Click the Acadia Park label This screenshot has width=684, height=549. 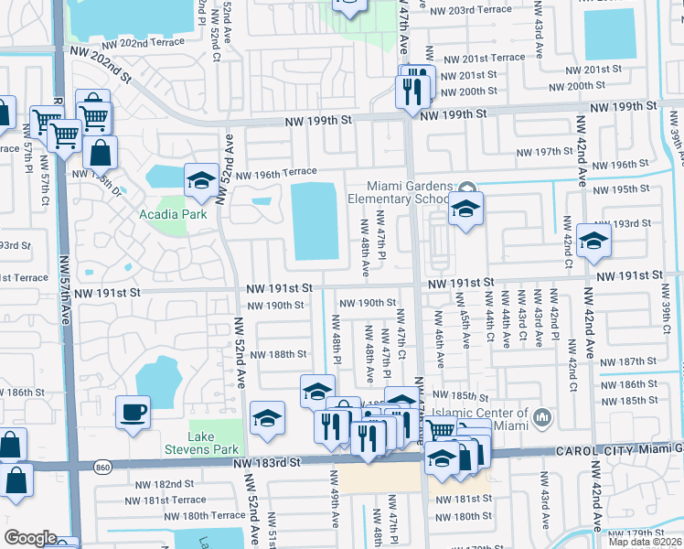click(173, 214)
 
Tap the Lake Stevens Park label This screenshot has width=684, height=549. click(201, 443)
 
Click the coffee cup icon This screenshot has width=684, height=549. click(133, 412)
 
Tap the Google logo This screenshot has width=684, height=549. click(29, 537)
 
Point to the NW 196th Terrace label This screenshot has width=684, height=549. click(276, 173)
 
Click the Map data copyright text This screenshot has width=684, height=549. click(644, 541)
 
